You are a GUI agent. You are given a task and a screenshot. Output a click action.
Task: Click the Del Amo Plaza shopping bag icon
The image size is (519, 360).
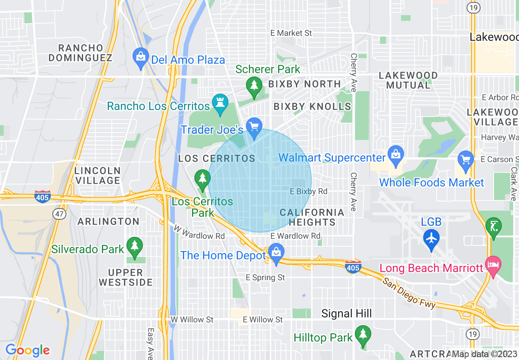[x=140, y=58]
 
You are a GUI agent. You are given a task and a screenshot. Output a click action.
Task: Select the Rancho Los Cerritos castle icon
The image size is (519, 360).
[x=220, y=104]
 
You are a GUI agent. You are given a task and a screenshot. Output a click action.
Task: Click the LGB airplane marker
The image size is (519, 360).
[x=431, y=238]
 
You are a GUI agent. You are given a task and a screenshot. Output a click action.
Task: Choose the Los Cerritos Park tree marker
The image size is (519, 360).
[x=202, y=179]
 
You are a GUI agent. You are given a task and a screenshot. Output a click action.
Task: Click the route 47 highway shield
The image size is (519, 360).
[x=61, y=214]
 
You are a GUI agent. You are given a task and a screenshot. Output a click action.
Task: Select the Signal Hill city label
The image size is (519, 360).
[x=346, y=314]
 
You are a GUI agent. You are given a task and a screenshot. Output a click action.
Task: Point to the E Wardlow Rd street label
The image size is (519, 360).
[x=296, y=236]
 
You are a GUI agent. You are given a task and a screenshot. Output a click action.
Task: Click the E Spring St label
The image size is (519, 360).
[x=265, y=277]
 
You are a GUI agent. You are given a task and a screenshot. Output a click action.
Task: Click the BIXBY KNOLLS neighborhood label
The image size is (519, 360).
[x=312, y=107]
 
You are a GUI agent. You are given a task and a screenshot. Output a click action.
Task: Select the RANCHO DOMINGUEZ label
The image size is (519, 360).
[x=80, y=53]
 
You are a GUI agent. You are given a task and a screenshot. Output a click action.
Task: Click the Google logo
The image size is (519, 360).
[x=27, y=350]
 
